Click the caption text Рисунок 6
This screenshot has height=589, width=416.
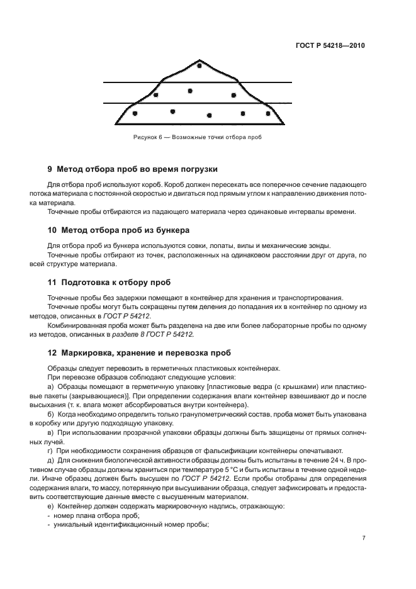pos(148,137)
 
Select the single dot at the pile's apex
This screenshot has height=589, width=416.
pos(200,65)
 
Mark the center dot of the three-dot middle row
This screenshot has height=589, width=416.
pos(189,91)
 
